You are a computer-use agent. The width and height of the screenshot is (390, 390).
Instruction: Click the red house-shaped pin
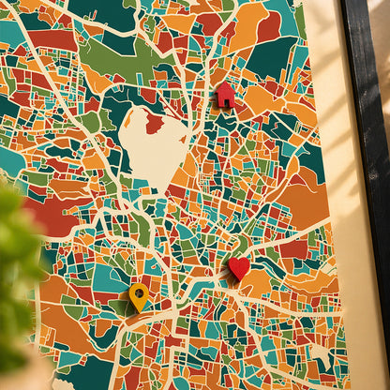tap(225, 96)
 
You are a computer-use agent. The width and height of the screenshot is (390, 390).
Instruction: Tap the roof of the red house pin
tap(225, 88)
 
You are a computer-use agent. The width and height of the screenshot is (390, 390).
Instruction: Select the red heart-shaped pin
tap(239, 269)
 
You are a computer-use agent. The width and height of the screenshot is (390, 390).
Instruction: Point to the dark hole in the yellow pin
tap(139, 292)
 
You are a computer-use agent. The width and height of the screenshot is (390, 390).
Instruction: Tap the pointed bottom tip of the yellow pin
tap(139, 311)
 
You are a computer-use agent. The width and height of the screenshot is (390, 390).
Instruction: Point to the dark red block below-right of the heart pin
tap(292, 249)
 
